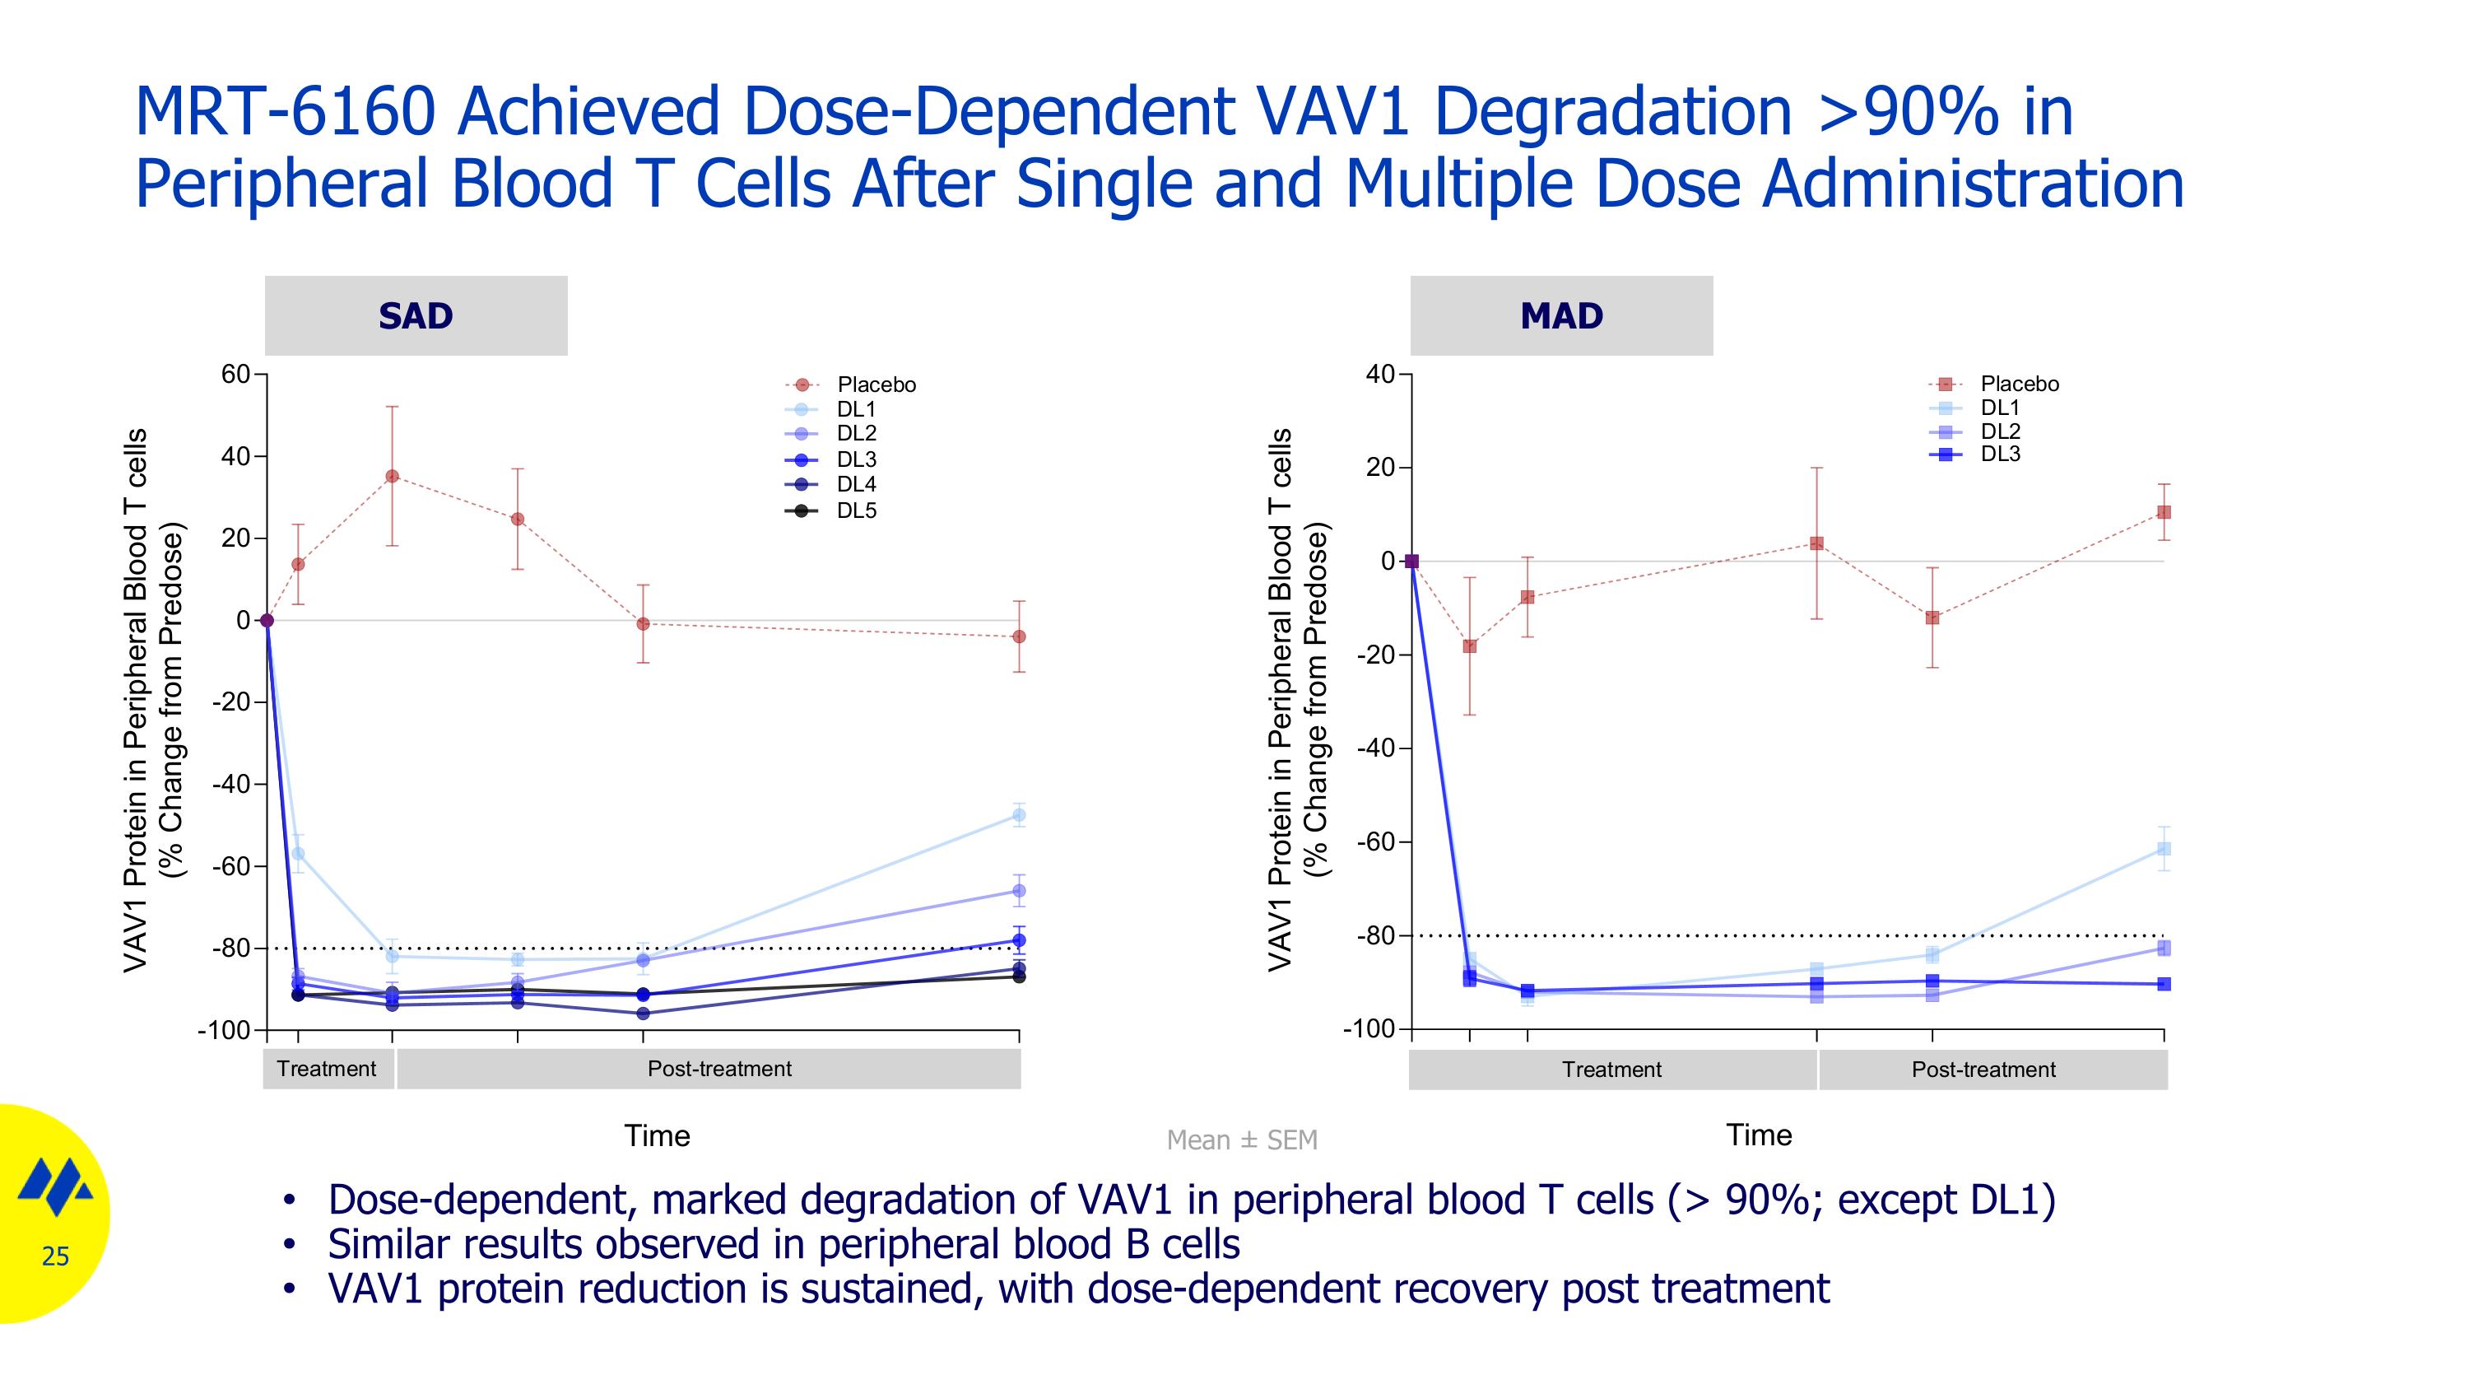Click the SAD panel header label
tap(415, 315)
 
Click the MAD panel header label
tap(1560, 315)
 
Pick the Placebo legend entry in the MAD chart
tap(2019, 384)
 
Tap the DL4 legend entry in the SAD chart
tap(855, 484)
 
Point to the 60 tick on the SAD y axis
tap(235, 374)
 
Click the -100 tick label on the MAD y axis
tap(1368, 1028)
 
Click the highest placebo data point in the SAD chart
tap(392, 477)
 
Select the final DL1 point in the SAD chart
tap(1019, 816)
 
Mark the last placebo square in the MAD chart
tap(2163, 512)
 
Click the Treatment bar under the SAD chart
tap(327, 1069)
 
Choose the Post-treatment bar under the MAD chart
tap(1983, 1070)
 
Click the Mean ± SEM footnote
tap(1241, 1140)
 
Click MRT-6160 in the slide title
tap(286, 111)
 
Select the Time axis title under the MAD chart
tap(1758, 1135)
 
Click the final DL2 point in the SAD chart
tap(1019, 891)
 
